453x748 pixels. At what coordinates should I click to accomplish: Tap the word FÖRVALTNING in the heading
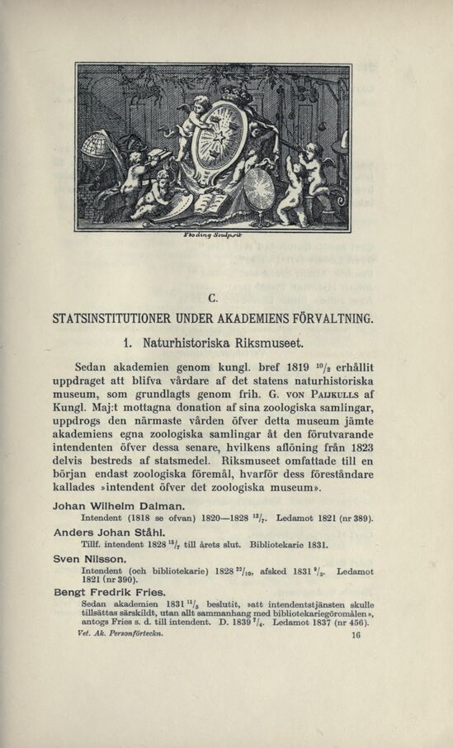click(329, 317)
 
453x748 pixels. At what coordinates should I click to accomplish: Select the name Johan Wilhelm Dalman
click(118, 504)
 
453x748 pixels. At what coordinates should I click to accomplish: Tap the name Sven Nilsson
click(88, 560)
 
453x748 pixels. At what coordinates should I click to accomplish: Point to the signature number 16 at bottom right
click(356, 637)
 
